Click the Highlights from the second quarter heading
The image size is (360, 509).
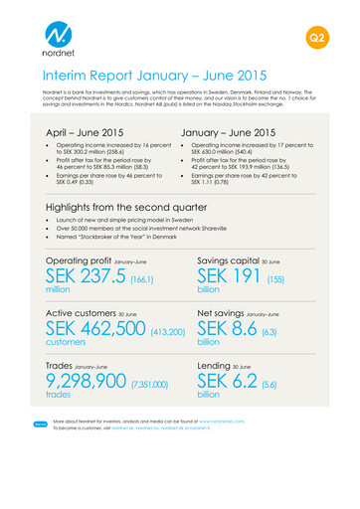coord(126,209)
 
